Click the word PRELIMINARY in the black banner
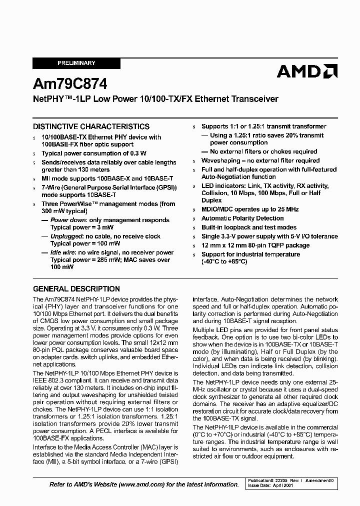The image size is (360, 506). pos(76,63)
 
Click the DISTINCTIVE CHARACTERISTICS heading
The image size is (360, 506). pos(91,127)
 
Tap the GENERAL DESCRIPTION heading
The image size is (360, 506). pos(76,289)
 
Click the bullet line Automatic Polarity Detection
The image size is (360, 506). pos(242,218)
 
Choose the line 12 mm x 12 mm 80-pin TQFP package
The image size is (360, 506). pos(255,245)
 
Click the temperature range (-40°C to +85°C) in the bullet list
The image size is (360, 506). pos(224,262)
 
